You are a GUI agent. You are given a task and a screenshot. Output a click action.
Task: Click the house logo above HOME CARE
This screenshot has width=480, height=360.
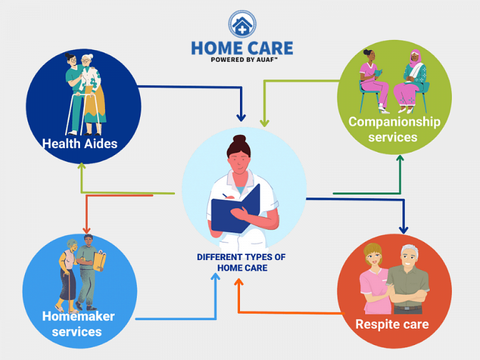coord(242,24)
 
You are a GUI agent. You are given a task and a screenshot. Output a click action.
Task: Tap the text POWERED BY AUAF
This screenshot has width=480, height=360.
coord(244,59)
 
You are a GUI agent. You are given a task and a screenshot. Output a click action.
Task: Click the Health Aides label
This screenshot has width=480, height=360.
coord(80,143)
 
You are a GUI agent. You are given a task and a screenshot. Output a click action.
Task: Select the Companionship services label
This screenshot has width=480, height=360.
coord(394,129)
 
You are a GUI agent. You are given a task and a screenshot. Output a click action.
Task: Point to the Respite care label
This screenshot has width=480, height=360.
coord(392,324)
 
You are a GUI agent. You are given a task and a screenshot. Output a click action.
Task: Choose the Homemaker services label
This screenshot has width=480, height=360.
coord(78,324)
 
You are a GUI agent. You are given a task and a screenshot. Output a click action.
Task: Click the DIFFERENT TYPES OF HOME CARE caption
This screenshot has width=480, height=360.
coord(241,262)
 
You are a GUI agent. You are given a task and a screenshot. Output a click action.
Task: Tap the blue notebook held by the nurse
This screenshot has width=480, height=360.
coord(235,209)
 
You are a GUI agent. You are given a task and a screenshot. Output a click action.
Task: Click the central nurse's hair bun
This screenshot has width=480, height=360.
coord(239,139)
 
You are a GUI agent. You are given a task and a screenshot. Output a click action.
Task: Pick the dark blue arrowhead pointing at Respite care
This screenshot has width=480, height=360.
coord(403,230)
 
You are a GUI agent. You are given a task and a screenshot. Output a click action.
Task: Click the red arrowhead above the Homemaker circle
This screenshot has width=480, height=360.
coord(86,230)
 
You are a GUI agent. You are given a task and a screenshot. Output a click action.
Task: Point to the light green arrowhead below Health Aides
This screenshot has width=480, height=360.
coord(81,166)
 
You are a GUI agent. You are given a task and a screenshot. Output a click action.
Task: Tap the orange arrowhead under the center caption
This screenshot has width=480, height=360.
coord(239,282)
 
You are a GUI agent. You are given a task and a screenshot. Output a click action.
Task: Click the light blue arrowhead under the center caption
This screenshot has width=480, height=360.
coord(215,276)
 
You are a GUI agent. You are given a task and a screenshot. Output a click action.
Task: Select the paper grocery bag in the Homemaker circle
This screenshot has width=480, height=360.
coord(99,261)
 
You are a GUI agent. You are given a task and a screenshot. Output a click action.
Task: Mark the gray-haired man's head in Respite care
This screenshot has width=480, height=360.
coord(409,255)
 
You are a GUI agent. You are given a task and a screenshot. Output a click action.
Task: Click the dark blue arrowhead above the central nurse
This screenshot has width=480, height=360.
coord(241,117)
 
